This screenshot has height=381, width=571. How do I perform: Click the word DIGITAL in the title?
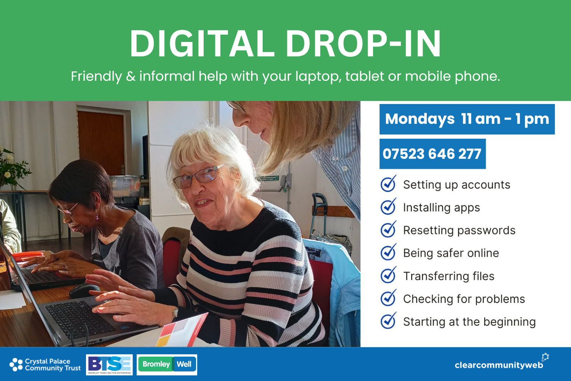[202, 43]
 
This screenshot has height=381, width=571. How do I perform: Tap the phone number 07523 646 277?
[432, 154]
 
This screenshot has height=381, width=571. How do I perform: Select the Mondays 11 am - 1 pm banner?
[467, 119]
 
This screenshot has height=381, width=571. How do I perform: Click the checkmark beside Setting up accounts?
[388, 184]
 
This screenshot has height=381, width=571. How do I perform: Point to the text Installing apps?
[441, 208]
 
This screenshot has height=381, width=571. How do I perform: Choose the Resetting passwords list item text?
[459, 231]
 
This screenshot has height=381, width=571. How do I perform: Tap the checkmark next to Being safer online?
[388, 253]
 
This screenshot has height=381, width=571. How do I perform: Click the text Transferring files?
[448, 276]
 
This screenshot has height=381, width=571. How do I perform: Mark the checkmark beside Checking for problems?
[388, 298]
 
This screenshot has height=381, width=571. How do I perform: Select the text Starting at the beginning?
[469, 322]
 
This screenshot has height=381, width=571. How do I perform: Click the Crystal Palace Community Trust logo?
[45, 365]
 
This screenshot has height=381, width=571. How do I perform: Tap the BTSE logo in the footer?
[109, 365]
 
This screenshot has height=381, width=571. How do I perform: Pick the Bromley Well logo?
[167, 365]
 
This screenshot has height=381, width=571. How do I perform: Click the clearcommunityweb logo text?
[499, 365]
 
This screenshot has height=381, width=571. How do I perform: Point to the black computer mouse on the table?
[85, 290]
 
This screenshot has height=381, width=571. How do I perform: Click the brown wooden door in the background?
[101, 141]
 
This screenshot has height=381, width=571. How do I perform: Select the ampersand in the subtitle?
[131, 77]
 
